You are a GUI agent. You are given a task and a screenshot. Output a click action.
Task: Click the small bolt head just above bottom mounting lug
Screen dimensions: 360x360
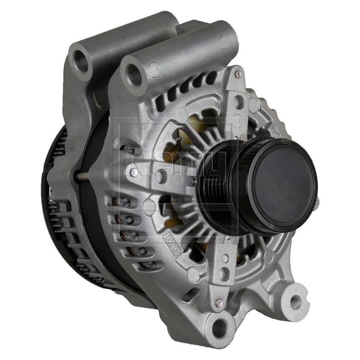click(x=219, y=302)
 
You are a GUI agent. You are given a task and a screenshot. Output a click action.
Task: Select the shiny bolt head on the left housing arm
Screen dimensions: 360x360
click(x=134, y=172)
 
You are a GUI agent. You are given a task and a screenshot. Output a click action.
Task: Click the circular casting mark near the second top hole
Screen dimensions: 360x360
click(x=155, y=68)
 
